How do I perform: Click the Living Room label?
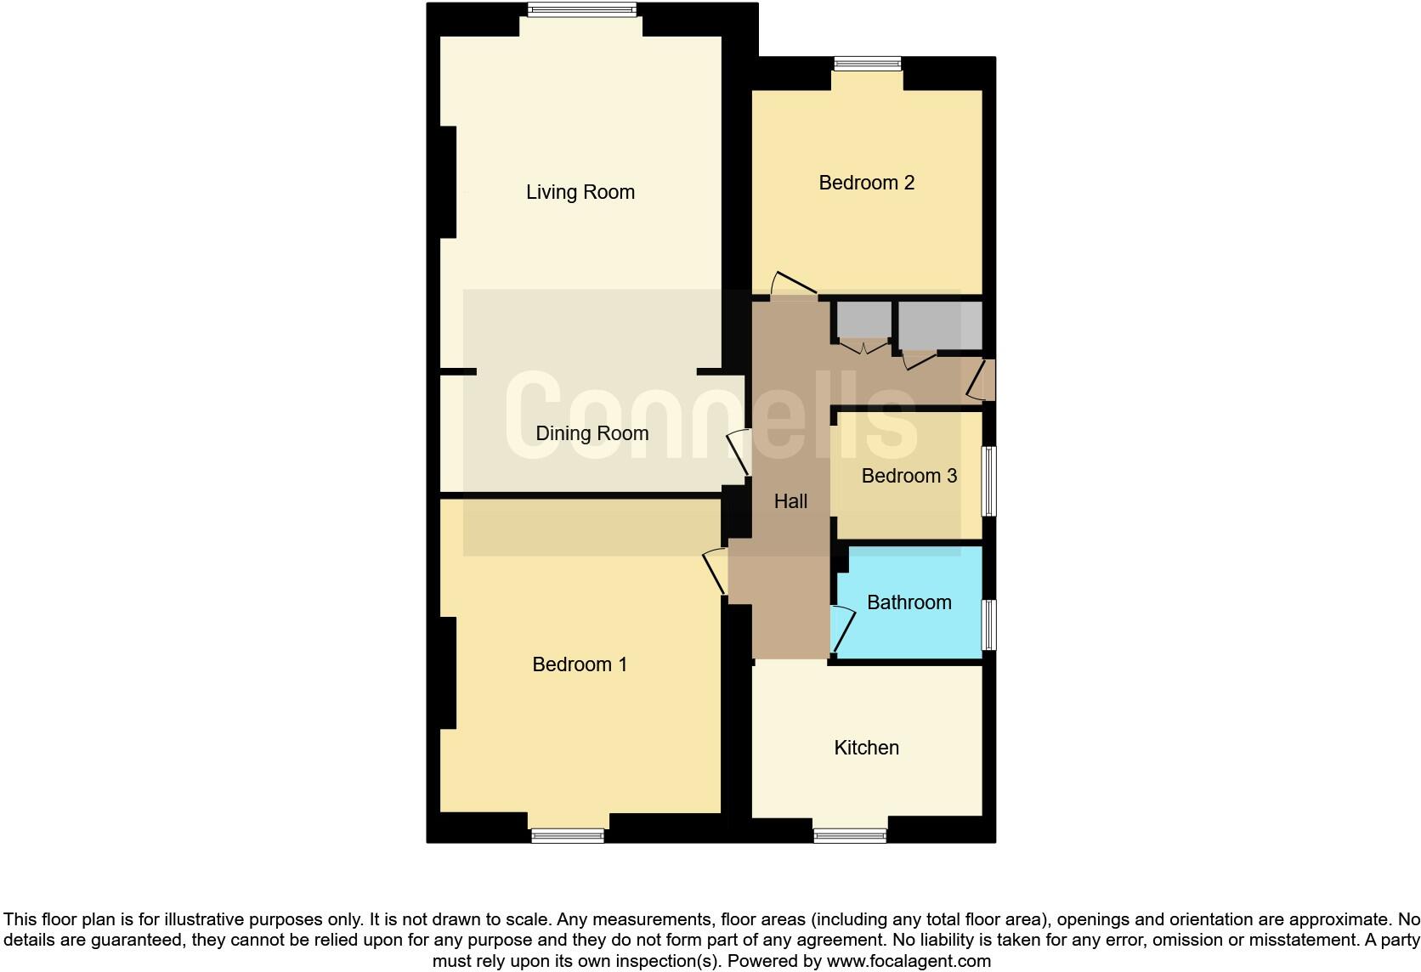click(x=580, y=192)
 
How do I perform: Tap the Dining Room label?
click(x=592, y=433)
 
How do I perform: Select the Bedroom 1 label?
click(x=580, y=664)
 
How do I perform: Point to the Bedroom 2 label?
click(x=866, y=183)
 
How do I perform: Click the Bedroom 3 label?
click(x=909, y=476)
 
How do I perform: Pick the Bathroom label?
click(x=909, y=602)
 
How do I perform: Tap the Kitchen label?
click(x=866, y=748)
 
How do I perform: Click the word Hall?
click(x=790, y=501)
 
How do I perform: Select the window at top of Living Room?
click(x=581, y=10)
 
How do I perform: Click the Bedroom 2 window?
click(x=867, y=64)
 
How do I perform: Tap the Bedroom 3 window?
click(x=989, y=481)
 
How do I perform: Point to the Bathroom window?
click(x=989, y=624)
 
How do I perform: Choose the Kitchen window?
click(x=850, y=835)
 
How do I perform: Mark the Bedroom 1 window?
click(x=568, y=835)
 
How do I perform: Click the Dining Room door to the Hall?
click(x=738, y=454)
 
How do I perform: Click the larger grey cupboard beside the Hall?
click(x=939, y=325)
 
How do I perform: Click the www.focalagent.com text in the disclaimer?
click(x=909, y=961)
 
